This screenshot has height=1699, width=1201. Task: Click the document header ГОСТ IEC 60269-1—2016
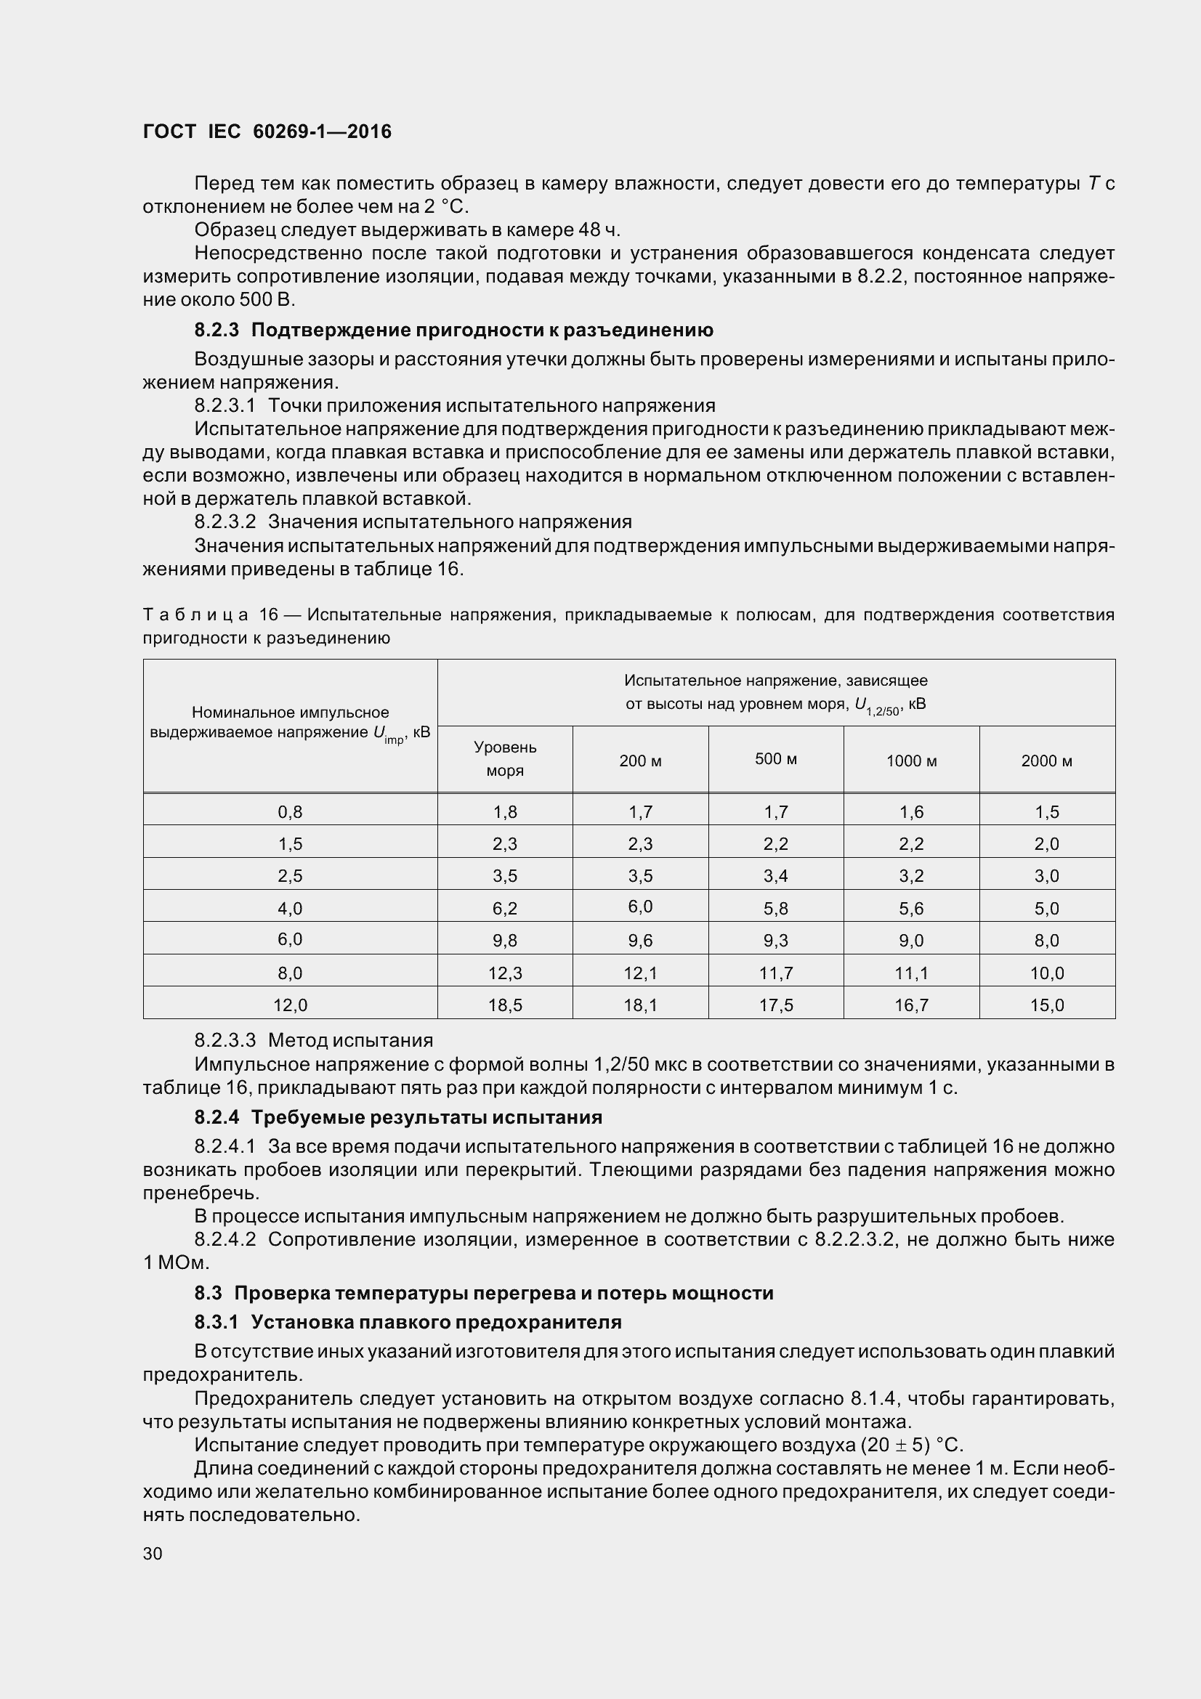(267, 131)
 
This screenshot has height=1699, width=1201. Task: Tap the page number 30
(153, 1553)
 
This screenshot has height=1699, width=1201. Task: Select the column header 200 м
(640, 761)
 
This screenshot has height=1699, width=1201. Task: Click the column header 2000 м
(1046, 761)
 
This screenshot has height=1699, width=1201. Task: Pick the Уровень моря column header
(505, 758)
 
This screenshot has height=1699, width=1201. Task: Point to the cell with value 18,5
(505, 1005)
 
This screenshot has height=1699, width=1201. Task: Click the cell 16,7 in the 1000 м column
(911, 1005)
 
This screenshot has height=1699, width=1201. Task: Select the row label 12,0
(290, 1005)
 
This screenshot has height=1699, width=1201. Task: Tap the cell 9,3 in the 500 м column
(775, 941)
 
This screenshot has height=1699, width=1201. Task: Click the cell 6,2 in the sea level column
(505, 908)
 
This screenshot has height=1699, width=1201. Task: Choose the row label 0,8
(290, 812)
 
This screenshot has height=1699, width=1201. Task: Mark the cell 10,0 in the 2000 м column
(1046, 973)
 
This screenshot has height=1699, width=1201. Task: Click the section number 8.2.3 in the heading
(217, 330)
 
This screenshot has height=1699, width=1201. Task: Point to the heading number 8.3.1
(217, 1321)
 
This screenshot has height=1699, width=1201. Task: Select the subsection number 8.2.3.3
(225, 1040)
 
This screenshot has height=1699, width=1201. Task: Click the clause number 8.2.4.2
(225, 1239)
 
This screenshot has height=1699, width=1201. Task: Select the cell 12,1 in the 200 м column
(640, 973)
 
